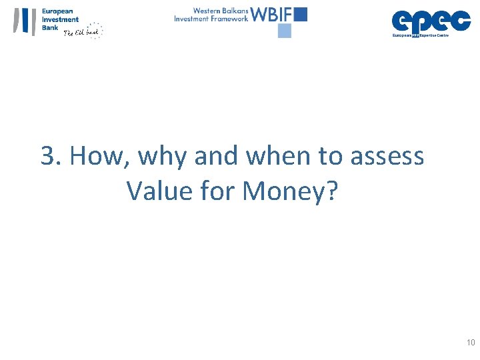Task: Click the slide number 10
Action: (x=471, y=343)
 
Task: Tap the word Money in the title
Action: (x=286, y=192)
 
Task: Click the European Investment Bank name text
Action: (x=60, y=19)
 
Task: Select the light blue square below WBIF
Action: (x=285, y=31)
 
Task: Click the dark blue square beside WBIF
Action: (x=300, y=14)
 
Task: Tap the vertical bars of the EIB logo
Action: (x=25, y=21)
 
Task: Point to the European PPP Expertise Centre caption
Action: (x=420, y=35)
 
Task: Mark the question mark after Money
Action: (x=333, y=191)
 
